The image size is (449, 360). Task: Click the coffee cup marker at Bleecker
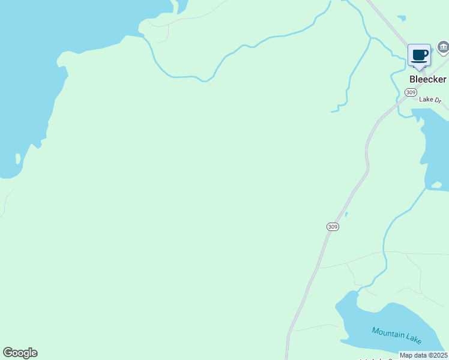[419, 56]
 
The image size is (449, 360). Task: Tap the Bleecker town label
[428, 79]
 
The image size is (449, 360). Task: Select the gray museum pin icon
[443, 47]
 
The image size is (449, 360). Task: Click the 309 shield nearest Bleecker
[411, 92]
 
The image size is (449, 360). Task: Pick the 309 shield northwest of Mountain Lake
[333, 227]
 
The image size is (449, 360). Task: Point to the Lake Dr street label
[430, 100]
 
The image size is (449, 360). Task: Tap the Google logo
[20, 353]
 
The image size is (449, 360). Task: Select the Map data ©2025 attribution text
[424, 355]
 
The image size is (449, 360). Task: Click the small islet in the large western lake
[18, 160]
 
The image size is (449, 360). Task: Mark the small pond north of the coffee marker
[401, 17]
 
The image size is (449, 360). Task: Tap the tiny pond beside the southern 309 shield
[346, 214]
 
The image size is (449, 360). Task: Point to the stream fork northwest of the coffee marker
[371, 38]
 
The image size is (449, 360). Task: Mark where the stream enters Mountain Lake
[358, 292]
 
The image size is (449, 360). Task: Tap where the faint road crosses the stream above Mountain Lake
[384, 253]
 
